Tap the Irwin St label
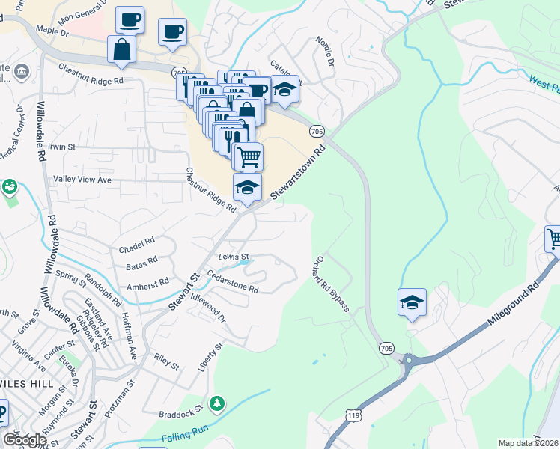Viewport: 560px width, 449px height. point(62,147)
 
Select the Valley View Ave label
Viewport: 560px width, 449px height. point(82,180)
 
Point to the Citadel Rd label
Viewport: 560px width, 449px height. point(136,241)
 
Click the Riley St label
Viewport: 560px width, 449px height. point(166,365)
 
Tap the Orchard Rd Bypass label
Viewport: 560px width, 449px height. point(331,293)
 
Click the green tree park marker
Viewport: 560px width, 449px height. point(217,404)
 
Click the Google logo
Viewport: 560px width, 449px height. point(25,440)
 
